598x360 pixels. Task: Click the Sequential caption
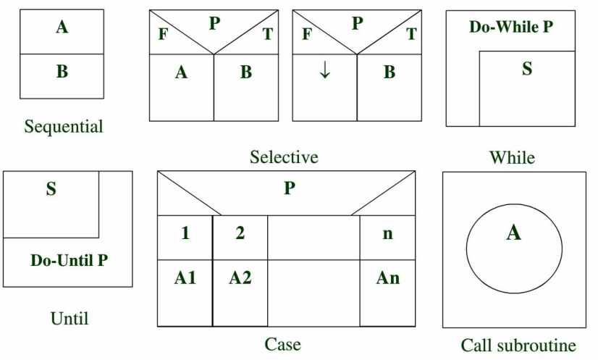64,127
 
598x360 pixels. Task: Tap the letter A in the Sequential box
62,28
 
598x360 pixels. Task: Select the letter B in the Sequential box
62,72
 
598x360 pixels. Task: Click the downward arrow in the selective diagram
325,72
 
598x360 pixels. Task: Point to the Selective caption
284,156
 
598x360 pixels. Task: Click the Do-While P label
510,28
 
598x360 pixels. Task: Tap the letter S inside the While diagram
526,69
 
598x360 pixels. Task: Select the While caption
512,156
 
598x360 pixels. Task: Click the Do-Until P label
69,260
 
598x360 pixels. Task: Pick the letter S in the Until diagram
51,190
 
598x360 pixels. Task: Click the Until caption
70,318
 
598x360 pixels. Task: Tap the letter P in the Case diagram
289,188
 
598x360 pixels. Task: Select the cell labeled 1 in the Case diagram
185,234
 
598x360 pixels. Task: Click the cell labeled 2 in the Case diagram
240,234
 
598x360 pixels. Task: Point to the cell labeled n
387,234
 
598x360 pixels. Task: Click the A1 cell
185,277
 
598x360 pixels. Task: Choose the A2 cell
240,277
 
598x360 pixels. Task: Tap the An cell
387,277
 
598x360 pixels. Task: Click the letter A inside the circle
513,233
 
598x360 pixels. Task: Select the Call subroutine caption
518,345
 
